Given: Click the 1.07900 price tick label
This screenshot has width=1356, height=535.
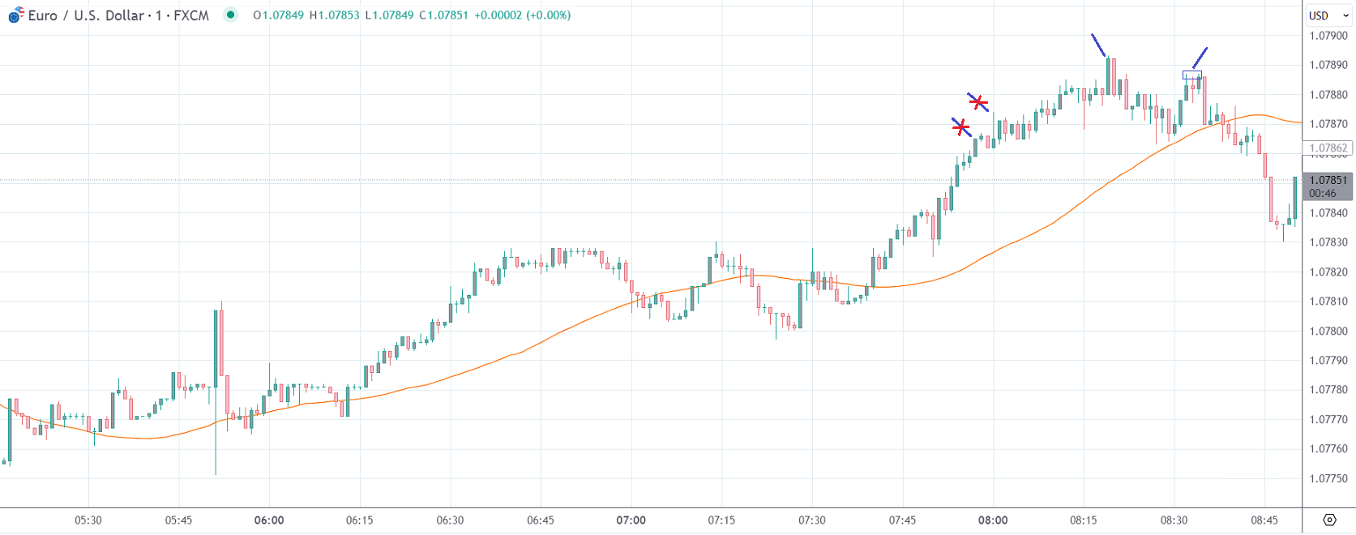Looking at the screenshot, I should point(1328,36).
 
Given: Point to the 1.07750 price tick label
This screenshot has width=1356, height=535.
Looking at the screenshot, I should point(1328,478).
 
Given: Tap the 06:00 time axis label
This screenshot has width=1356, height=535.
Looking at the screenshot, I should point(269,520).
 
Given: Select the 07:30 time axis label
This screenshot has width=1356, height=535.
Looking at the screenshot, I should point(811,520).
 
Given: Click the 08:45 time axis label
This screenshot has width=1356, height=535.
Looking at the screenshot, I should point(1264,520).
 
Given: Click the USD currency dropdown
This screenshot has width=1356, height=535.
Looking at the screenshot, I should point(1328,15).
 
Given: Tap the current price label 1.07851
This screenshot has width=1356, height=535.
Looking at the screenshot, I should point(1328,180).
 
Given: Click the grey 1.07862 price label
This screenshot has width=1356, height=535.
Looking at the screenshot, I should point(1328,148).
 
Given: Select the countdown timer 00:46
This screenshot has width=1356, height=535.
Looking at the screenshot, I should point(1322,193).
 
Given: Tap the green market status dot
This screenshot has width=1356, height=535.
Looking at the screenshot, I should point(231,15).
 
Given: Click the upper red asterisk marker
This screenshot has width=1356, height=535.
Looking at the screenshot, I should point(978,102).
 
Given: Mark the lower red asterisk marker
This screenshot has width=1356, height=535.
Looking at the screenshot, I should point(960,127).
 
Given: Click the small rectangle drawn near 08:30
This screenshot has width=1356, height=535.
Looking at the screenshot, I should point(1191,75).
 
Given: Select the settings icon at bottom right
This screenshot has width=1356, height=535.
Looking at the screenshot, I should point(1329,520).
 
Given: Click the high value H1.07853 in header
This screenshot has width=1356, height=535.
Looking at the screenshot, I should point(334,15).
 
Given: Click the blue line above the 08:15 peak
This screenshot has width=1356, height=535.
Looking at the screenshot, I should point(1098,45).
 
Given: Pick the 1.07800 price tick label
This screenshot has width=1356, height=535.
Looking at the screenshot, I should point(1328,331).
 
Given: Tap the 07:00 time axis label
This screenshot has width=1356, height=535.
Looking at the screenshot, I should point(631,520).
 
